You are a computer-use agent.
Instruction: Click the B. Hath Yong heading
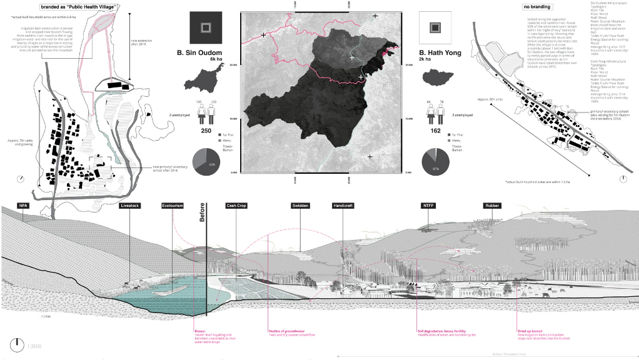click(x=440, y=53)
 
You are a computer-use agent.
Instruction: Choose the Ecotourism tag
click(x=173, y=206)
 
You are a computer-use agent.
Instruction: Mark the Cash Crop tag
click(x=236, y=206)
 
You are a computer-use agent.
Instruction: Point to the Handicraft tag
click(x=343, y=206)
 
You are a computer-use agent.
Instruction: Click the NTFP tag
click(x=430, y=206)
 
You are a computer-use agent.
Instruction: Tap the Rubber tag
click(x=492, y=206)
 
